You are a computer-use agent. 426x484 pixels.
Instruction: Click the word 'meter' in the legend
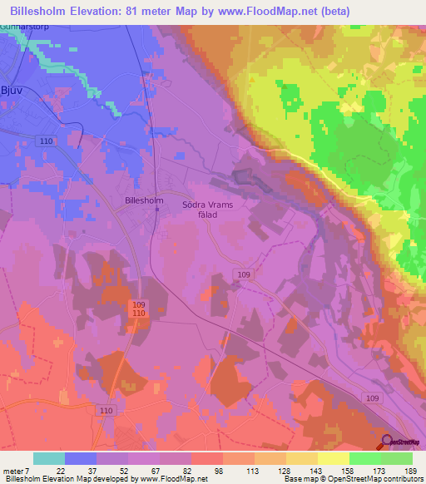(12, 470)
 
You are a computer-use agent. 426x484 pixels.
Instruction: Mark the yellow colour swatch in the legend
(334, 458)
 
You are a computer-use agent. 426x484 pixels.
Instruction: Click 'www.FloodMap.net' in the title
(272, 11)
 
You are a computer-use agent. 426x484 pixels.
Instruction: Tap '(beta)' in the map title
(334, 11)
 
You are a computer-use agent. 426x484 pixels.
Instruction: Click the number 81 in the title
(143, 11)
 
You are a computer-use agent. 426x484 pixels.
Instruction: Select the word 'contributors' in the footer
(401, 480)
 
